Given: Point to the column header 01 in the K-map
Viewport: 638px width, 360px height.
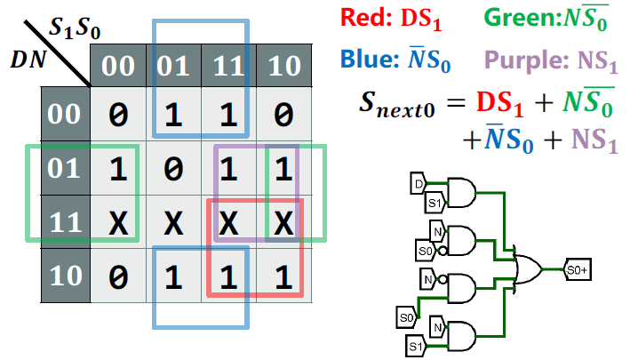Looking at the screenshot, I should click(171, 66).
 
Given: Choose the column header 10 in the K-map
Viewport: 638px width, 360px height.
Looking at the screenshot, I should click(283, 66).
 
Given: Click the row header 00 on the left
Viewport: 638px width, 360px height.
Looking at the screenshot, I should click(65, 114).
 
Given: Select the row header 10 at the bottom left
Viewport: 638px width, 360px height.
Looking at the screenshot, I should click(65, 276).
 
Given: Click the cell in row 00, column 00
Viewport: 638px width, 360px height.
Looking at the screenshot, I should click(117, 114).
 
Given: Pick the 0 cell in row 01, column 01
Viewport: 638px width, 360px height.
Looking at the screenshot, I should click(171, 168).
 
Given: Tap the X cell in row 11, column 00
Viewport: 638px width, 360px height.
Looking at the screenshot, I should click(117, 223).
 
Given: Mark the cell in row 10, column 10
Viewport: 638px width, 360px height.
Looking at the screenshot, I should click(283, 276).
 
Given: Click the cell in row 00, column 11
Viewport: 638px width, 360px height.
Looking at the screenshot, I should click(227, 114).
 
